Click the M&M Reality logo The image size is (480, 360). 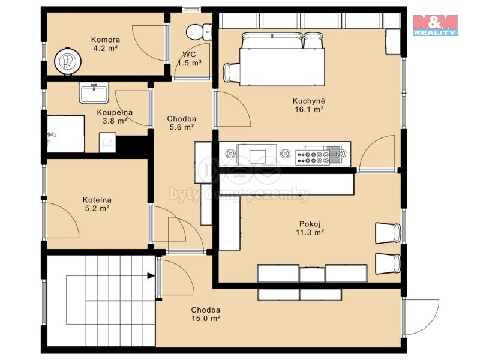[435, 25]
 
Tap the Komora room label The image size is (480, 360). [106, 40]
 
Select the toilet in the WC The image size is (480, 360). [199, 32]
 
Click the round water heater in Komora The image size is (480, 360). [68, 61]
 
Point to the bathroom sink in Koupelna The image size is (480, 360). [94, 92]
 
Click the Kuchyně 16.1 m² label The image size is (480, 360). [309, 105]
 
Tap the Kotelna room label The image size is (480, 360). [97, 200]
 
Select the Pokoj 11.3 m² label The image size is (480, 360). [310, 228]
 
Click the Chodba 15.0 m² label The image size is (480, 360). [206, 314]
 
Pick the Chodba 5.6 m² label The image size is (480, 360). [182, 123]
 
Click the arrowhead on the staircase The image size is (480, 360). [151, 276]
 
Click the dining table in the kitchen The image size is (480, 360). [281, 67]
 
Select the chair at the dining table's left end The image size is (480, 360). [232, 73]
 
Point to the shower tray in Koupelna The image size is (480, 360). [66, 134]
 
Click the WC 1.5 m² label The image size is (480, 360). [190, 59]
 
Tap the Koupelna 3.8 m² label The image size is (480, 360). [115, 116]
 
